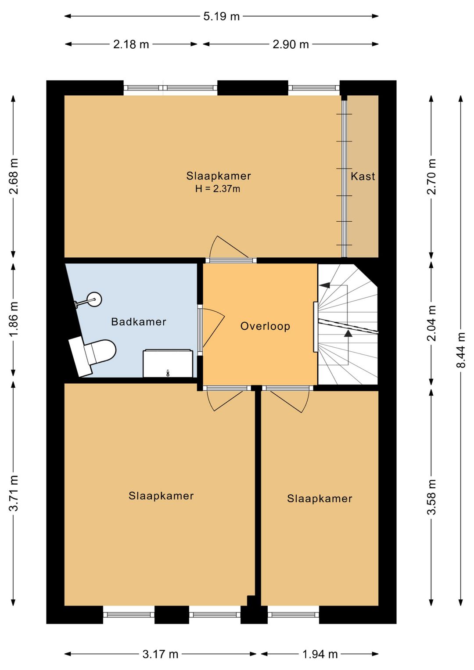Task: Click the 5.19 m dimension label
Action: (x=221, y=16)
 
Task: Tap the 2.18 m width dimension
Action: (x=131, y=44)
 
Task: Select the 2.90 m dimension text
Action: (x=291, y=44)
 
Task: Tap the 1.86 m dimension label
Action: (x=14, y=320)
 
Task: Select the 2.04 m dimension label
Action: (x=431, y=323)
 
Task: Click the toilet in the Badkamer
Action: (x=93, y=355)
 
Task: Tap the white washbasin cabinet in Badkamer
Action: (x=168, y=363)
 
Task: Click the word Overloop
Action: (x=265, y=326)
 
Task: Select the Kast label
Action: (x=363, y=176)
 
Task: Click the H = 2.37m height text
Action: (x=218, y=189)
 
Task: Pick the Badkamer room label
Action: (x=138, y=322)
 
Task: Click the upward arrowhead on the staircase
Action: (x=348, y=333)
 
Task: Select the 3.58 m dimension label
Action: (x=431, y=501)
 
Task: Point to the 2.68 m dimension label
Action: (x=14, y=176)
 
